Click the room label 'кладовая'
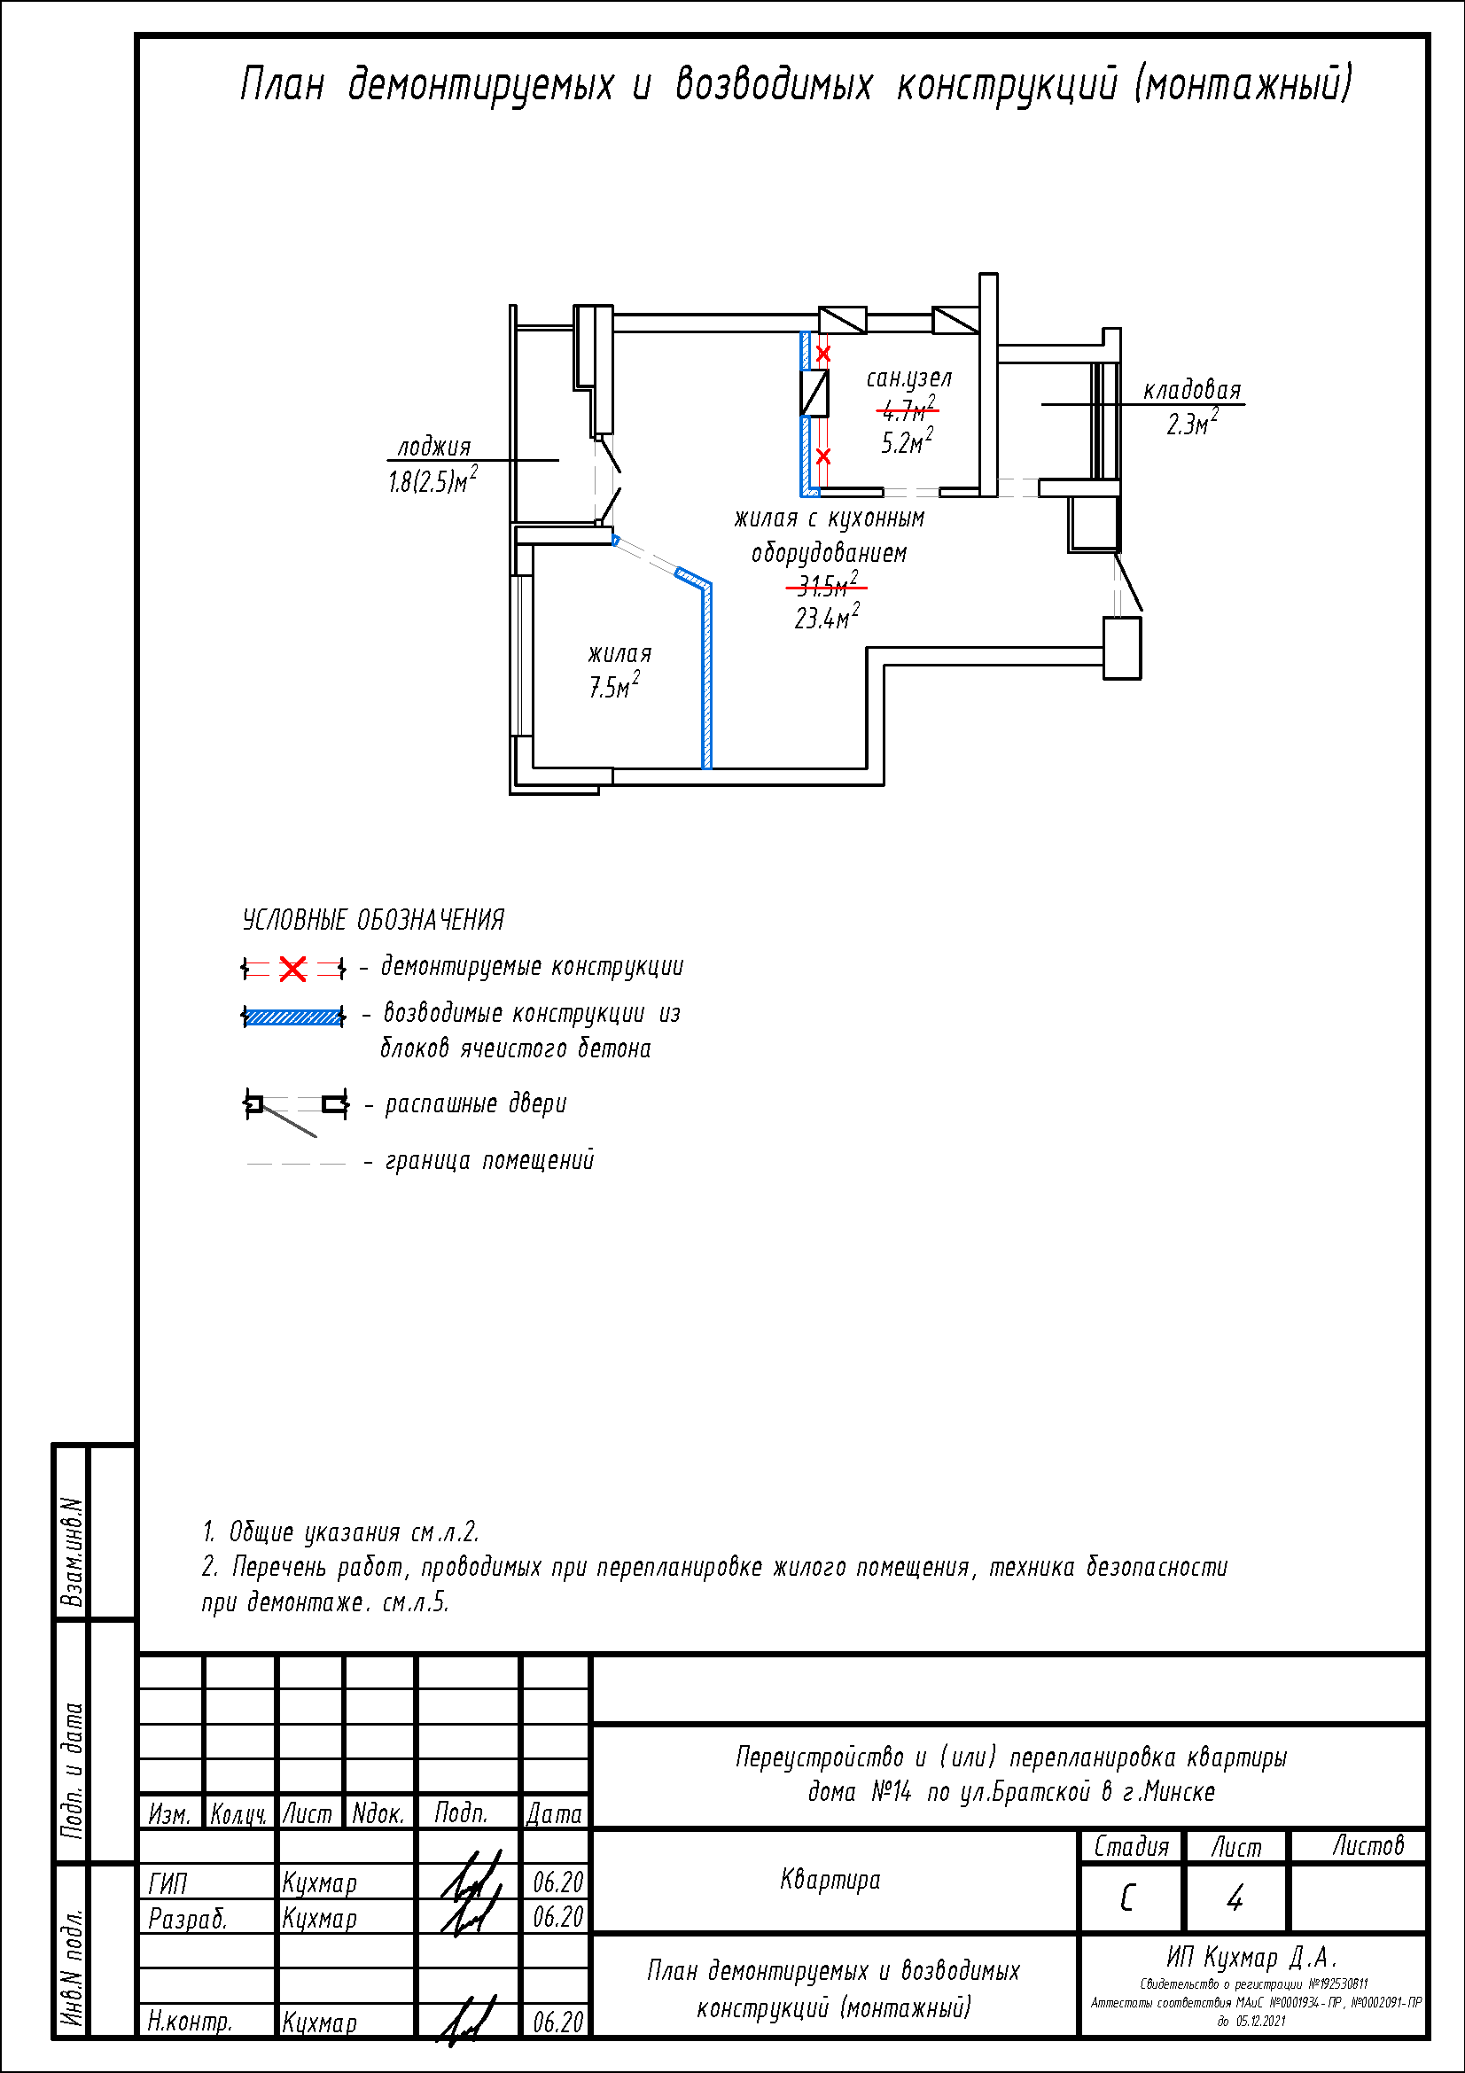(1191, 390)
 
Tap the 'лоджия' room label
(434, 447)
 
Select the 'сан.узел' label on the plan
(909, 378)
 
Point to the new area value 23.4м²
(826, 619)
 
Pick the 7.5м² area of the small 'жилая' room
(614, 687)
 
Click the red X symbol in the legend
(292, 969)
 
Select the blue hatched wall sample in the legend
(293, 1017)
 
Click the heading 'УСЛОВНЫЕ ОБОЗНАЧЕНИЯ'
(373, 920)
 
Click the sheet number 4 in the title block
(1235, 1898)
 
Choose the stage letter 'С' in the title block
(1127, 1898)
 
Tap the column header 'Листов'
(1368, 1846)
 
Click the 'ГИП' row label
(168, 1883)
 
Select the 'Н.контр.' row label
(190, 2022)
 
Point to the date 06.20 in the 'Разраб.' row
(557, 1917)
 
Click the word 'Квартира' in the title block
(830, 1880)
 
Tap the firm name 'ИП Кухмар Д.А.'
(1251, 1958)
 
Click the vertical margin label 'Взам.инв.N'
(72, 1552)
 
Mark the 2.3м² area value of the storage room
(1190, 425)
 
